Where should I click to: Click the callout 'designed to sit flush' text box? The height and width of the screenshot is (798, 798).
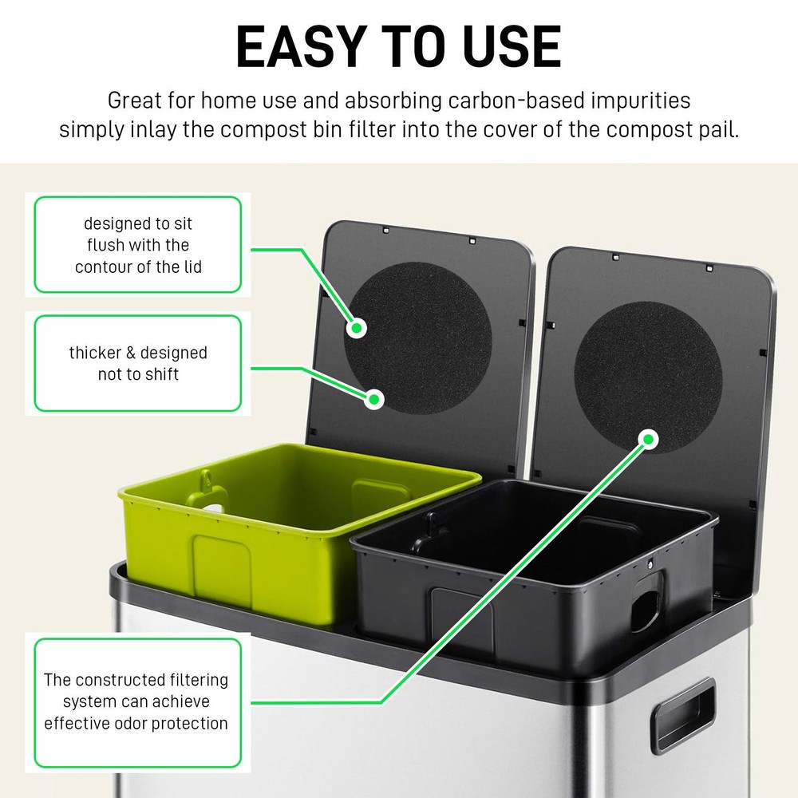(x=138, y=246)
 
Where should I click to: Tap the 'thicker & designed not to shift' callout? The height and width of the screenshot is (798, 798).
(x=138, y=363)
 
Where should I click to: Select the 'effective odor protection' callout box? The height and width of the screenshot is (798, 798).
(x=136, y=702)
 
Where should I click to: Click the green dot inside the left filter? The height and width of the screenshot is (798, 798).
(x=358, y=327)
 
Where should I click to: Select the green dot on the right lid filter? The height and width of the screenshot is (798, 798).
(x=649, y=438)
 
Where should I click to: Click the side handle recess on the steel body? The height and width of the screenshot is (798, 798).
(x=683, y=714)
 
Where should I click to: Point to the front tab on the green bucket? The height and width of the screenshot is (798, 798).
(x=222, y=563)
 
